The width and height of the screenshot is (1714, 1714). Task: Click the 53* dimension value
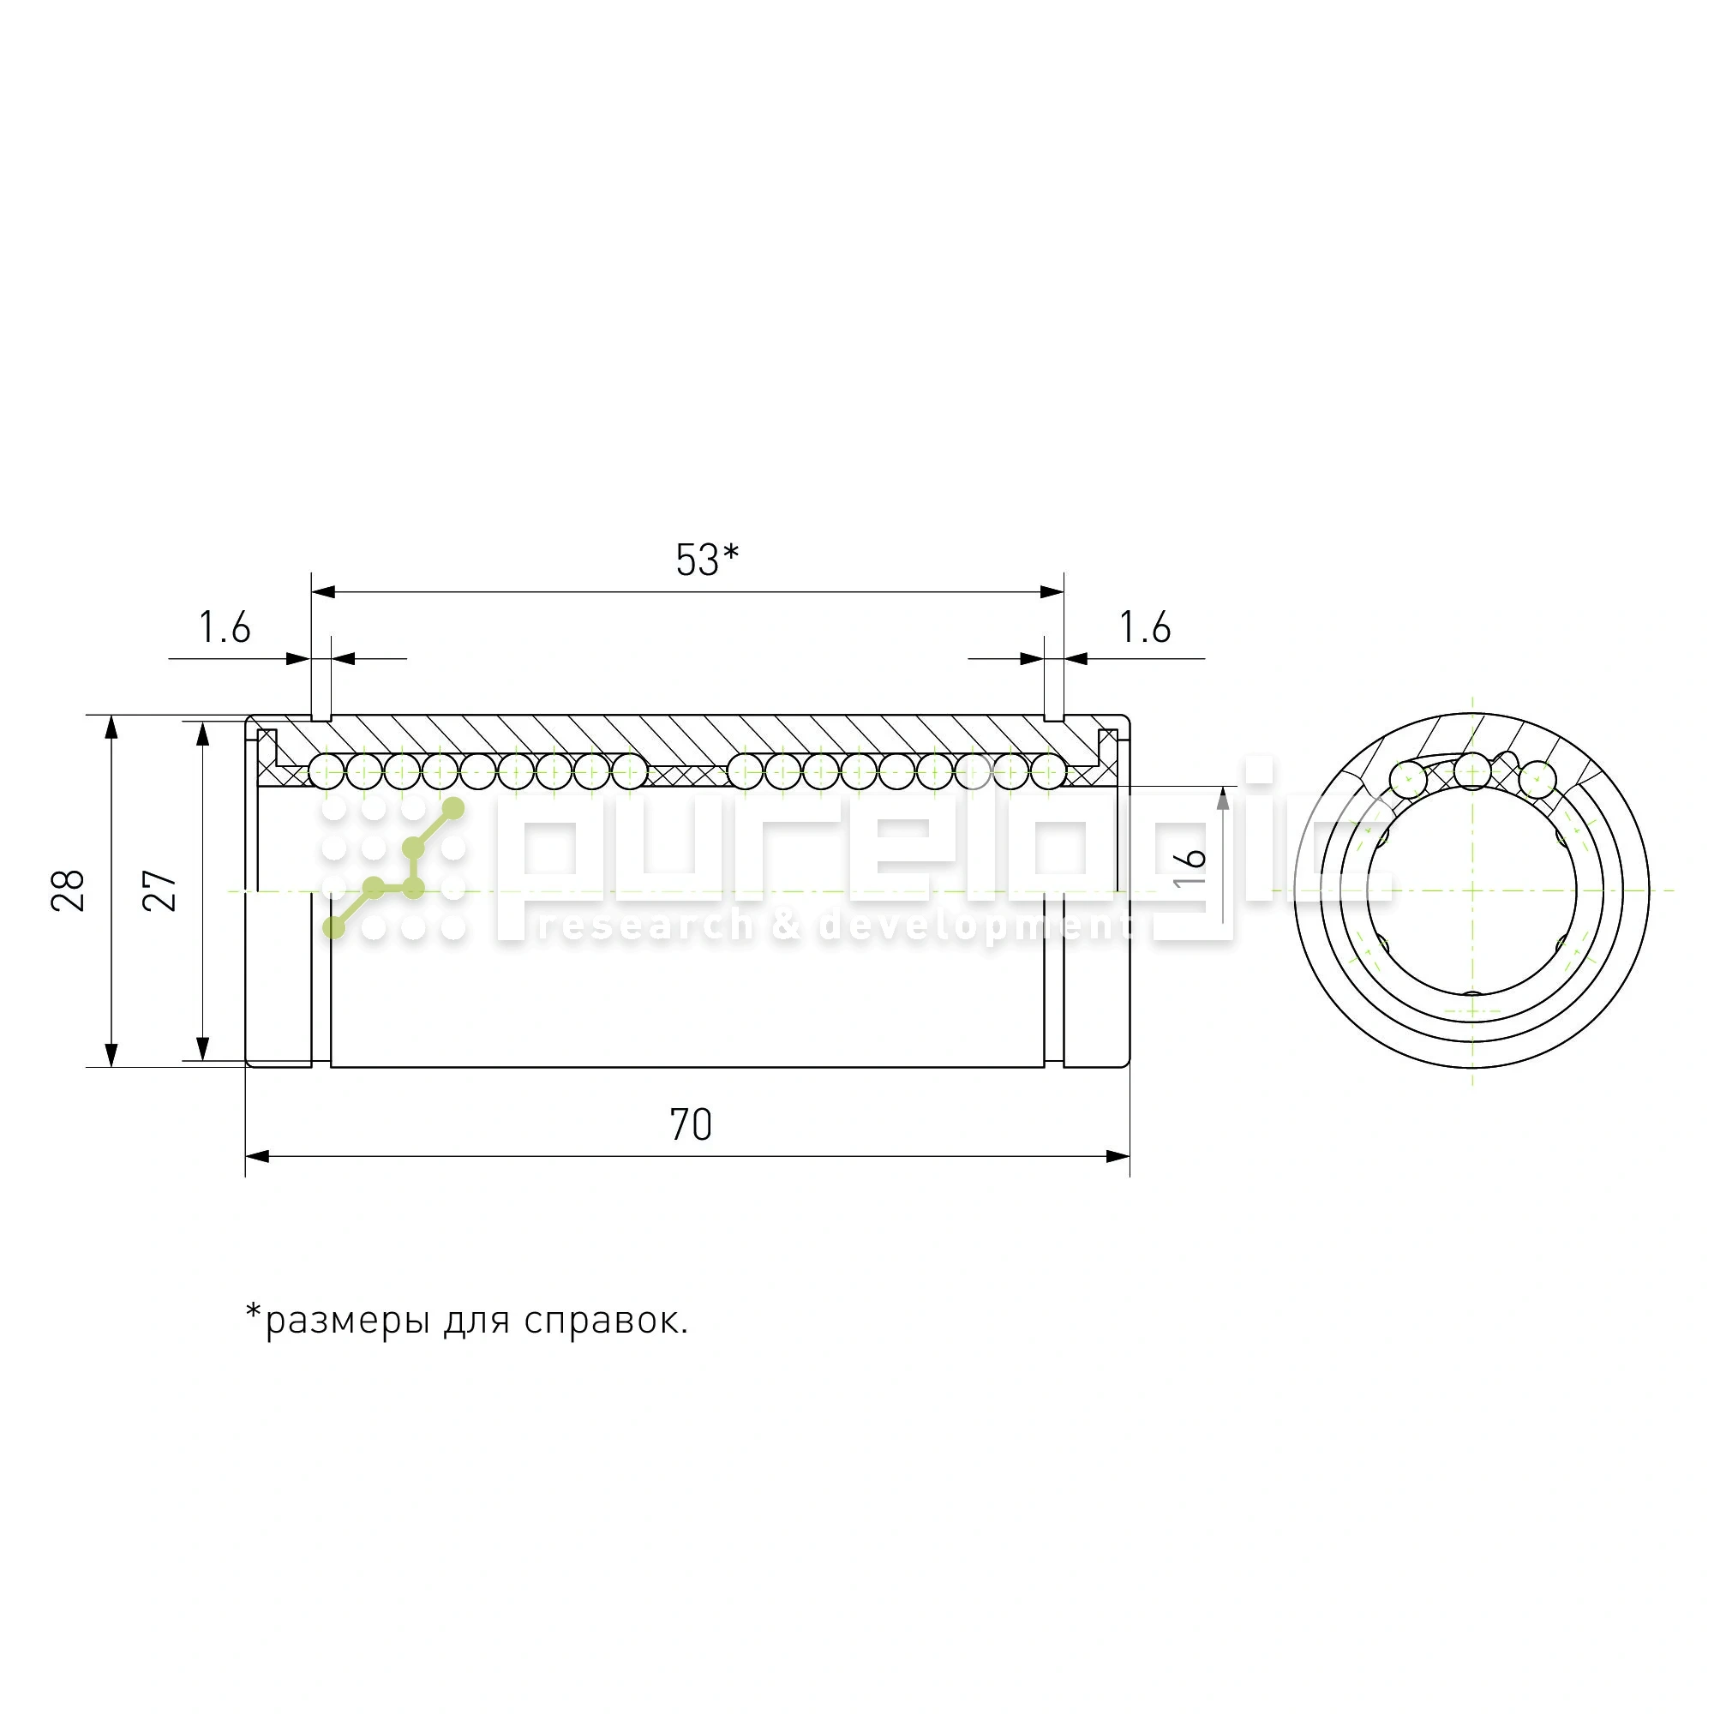pos(706,560)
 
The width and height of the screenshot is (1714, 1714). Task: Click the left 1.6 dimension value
pos(225,628)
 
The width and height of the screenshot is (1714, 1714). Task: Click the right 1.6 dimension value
pos(1144,628)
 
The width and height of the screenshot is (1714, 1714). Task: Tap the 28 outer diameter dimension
pos(69,890)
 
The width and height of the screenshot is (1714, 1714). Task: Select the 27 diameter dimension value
pos(161,890)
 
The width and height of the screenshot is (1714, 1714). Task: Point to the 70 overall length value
pos(690,1125)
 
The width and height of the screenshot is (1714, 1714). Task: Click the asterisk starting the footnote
pos(254,1311)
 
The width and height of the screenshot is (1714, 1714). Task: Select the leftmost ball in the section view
pos(327,771)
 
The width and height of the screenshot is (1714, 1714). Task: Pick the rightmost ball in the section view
pos(1049,771)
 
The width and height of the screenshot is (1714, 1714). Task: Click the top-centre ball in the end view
pos(1472,770)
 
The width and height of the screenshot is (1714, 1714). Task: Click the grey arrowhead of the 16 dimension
pos(1223,799)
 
